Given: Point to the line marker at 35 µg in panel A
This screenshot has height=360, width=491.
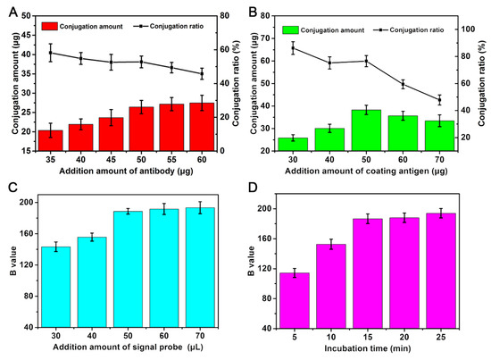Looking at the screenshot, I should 51,53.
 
